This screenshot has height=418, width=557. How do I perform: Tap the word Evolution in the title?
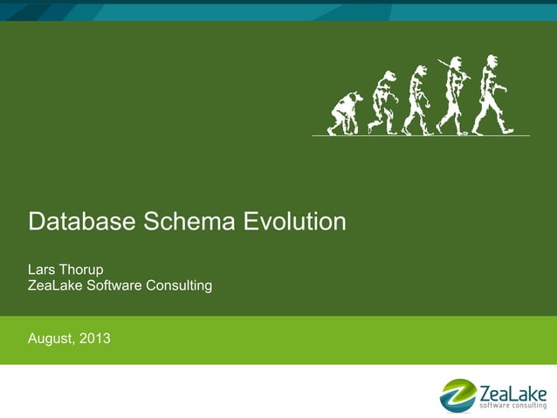(x=294, y=222)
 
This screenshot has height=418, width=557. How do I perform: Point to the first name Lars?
(x=44, y=268)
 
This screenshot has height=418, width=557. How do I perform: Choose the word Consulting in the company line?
(x=180, y=285)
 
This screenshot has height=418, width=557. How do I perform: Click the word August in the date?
(x=52, y=338)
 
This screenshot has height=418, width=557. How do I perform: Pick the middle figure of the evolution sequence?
(x=418, y=100)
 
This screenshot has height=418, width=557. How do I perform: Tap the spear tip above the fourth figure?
(x=441, y=61)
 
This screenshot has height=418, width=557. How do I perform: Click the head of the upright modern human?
(x=492, y=62)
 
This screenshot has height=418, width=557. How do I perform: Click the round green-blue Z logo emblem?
(x=457, y=395)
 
